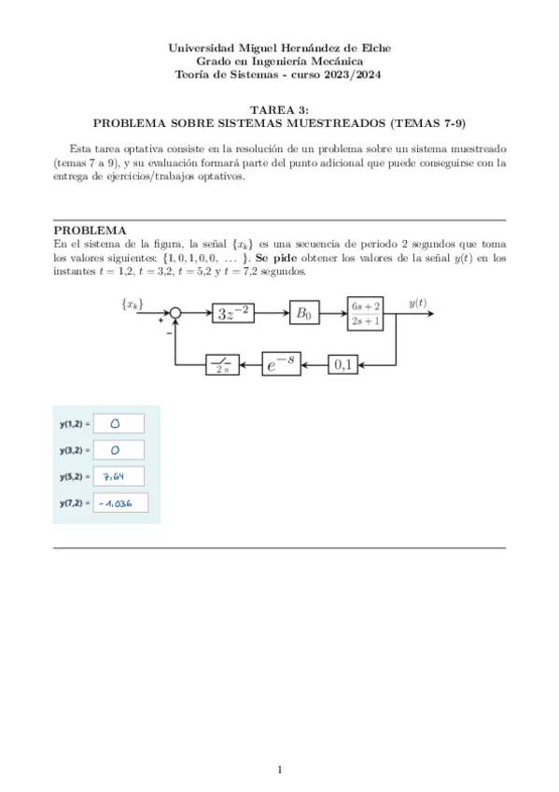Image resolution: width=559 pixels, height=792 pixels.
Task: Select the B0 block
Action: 303,314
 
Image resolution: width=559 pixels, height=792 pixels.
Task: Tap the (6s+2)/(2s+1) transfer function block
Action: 365,314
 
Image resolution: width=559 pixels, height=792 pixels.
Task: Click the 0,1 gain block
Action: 343,365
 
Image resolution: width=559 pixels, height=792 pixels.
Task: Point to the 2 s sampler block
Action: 222,365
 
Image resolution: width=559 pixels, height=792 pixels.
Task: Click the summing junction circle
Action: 175,314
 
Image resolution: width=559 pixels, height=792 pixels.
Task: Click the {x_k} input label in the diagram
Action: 133,304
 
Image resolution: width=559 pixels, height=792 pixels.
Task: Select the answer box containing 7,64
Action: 118,477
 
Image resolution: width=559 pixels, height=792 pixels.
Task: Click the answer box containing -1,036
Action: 120,505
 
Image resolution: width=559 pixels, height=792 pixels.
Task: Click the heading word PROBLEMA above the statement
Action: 90,230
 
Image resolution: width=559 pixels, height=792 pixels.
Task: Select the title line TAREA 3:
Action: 279,109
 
